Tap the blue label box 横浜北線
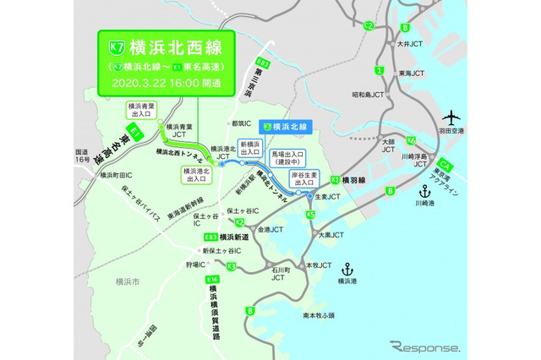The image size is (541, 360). pyautogui.click(x=287, y=126)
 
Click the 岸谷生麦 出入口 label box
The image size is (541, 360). pyautogui.click(x=304, y=177)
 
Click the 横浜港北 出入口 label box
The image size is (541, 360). pyautogui.click(x=196, y=173)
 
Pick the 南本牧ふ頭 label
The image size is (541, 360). pyautogui.click(x=319, y=315)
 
